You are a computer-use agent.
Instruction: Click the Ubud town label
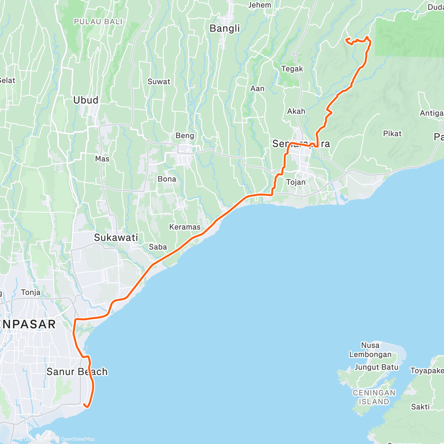[x=86, y=100]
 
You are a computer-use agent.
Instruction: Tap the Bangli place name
[x=225, y=28]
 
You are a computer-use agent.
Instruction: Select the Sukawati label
[x=116, y=238]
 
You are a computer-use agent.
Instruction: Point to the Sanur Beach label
[x=77, y=371]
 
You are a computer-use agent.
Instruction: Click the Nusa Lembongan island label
[x=370, y=350]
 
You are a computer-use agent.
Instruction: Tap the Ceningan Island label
[x=374, y=397]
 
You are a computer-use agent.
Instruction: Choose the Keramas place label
[x=185, y=227]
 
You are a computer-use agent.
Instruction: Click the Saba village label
[x=158, y=247]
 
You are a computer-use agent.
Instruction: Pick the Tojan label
[x=296, y=182]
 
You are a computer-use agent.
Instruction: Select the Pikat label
[x=392, y=134]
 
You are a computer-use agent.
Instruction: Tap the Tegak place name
[x=292, y=69]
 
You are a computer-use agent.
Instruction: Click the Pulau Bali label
[x=98, y=22]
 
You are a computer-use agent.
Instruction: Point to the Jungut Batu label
[x=376, y=367]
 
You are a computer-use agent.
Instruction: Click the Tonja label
[x=31, y=292]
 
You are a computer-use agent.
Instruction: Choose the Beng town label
[x=185, y=136]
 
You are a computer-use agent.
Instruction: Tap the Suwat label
[x=159, y=82]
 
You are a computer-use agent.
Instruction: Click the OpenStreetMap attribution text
[x=77, y=439]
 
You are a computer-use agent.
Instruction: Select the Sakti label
[x=420, y=407]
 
